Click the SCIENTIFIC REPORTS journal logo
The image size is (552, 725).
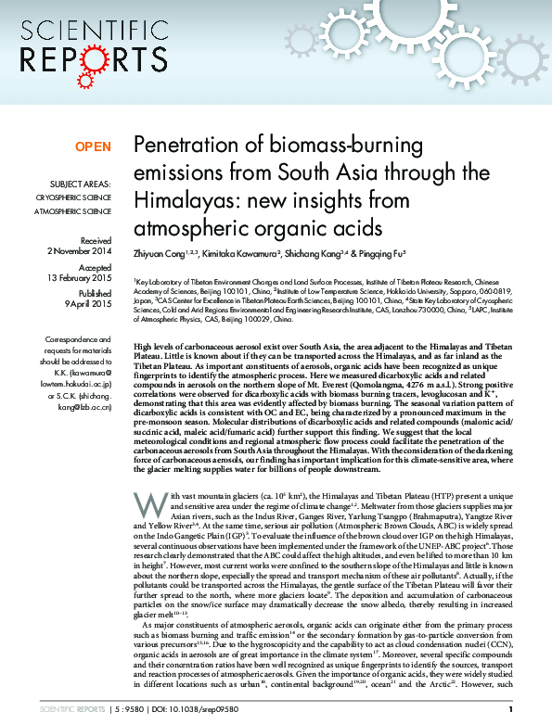tap(81, 44)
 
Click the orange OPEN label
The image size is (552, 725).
tap(93, 146)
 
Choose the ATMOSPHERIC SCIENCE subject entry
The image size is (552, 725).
tap(73, 211)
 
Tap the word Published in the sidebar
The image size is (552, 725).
tap(93, 291)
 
